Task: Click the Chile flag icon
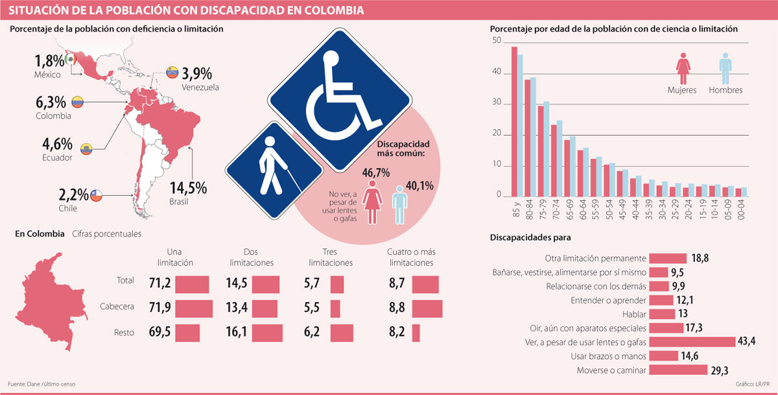click(96, 195)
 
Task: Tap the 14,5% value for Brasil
click(188, 188)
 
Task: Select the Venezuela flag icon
click(172, 72)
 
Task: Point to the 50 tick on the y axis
click(497, 40)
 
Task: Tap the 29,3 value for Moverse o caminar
click(719, 370)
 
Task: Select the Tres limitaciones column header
click(330, 257)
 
